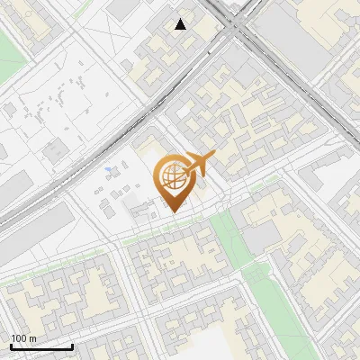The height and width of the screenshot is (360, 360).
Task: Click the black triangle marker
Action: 181,24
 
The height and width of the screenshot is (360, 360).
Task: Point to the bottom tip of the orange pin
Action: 173,212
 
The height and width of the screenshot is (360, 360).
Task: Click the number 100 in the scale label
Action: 19,338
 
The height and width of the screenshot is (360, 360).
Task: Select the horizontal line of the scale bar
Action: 41,346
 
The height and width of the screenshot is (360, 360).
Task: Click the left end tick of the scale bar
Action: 11,345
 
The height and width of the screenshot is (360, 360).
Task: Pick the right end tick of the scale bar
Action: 73,345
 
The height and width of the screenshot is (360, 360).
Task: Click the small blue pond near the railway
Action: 109,168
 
